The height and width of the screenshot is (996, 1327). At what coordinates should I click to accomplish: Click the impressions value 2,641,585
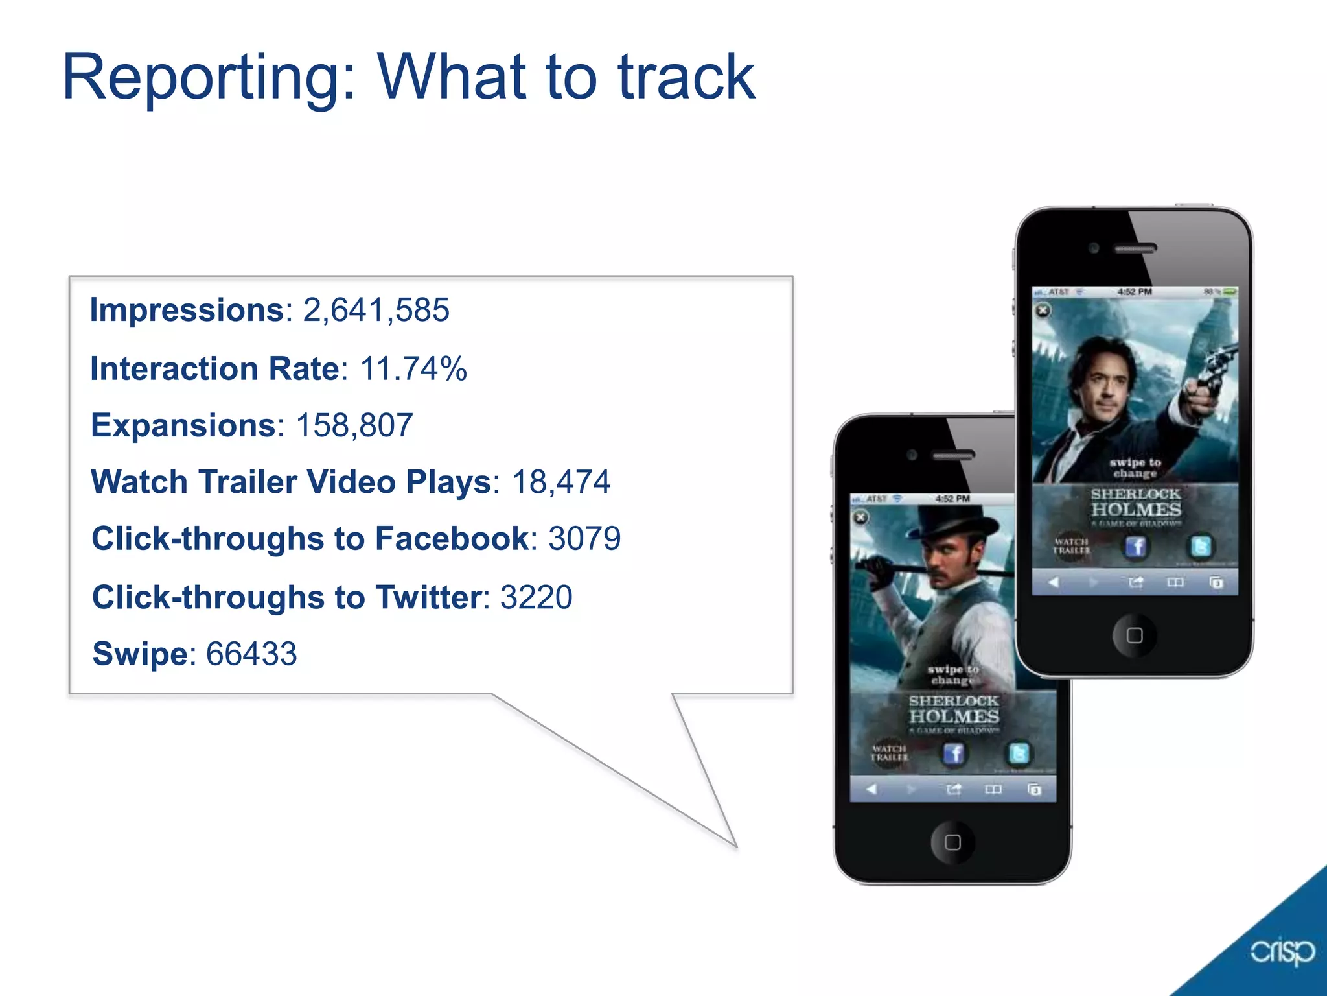pyautogui.click(x=376, y=310)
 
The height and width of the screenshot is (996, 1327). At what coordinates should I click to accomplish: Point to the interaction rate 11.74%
pyautogui.click(x=413, y=368)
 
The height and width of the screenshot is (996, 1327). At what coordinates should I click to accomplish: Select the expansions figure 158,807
pyautogui.click(x=354, y=425)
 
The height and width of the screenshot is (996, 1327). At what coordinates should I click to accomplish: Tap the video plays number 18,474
pyautogui.click(x=561, y=482)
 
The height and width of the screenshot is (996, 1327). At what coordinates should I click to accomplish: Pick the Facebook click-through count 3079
pyautogui.click(x=584, y=539)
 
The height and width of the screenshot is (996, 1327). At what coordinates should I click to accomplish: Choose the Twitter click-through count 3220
pyautogui.click(x=537, y=597)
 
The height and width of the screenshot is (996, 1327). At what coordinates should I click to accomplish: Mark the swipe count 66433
pyautogui.click(x=251, y=654)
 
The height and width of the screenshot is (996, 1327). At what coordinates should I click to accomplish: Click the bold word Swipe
pyautogui.click(x=140, y=654)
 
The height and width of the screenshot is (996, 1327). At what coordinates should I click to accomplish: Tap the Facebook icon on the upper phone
pyautogui.click(x=1135, y=547)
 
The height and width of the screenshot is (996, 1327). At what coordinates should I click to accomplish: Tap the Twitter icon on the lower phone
pyautogui.click(x=1019, y=753)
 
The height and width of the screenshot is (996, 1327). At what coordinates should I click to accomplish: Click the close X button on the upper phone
pyautogui.click(x=1043, y=311)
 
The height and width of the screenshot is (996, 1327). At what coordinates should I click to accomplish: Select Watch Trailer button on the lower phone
pyautogui.click(x=889, y=753)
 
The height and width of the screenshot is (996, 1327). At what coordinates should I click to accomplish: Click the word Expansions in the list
pyautogui.click(x=184, y=425)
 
